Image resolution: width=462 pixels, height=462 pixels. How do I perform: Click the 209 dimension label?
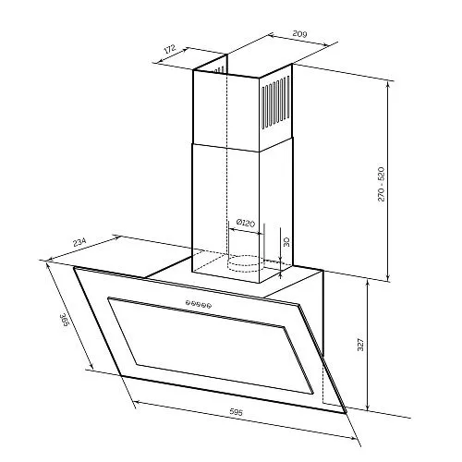[299, 33]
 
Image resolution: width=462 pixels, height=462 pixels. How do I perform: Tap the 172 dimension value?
[169, 49]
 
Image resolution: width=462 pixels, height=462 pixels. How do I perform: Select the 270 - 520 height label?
[381, 184]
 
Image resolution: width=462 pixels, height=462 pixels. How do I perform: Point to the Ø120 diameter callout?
[246, 223]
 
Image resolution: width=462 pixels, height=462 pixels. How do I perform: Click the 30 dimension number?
[286, 242]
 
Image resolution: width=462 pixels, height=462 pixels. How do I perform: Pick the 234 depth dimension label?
[79, 242]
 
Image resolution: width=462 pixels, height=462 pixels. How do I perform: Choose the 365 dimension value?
[64, 322]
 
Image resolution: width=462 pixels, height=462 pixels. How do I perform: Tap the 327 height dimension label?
[360, 345]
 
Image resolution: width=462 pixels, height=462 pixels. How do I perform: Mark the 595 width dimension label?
[237, 412]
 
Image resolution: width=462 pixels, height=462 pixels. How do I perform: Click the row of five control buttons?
[199, 304]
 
